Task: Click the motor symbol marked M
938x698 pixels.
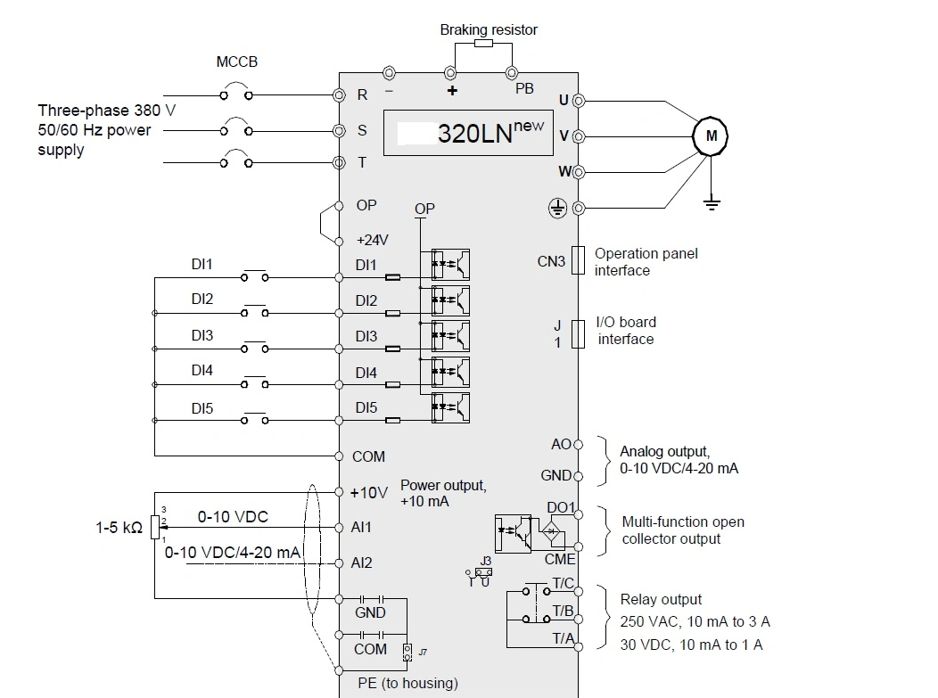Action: coord(711,135)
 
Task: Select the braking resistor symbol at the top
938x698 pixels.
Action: coord(482,44)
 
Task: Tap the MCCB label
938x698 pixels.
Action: coord(236,63)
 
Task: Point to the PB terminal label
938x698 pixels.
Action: coord(524,89)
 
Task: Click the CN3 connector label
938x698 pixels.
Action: coord(551,261)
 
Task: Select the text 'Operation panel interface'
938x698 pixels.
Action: coord(646,262)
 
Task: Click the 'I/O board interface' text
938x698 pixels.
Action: coord(625,331)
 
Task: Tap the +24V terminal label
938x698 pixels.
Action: coord(372,241)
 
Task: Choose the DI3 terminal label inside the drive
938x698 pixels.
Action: coord(366,336)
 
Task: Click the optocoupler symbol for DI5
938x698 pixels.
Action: coord(450,407)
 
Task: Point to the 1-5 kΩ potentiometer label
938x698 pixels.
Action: coord(119,527)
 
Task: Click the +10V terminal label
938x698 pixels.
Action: coord(369,493)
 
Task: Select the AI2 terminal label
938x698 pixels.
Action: coord(361,563)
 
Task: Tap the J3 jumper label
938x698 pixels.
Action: coord(485,561)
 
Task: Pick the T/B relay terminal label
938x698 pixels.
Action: coord(563,611)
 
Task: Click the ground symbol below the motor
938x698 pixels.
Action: coord(711,203)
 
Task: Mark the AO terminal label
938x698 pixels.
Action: coord(561,444)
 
